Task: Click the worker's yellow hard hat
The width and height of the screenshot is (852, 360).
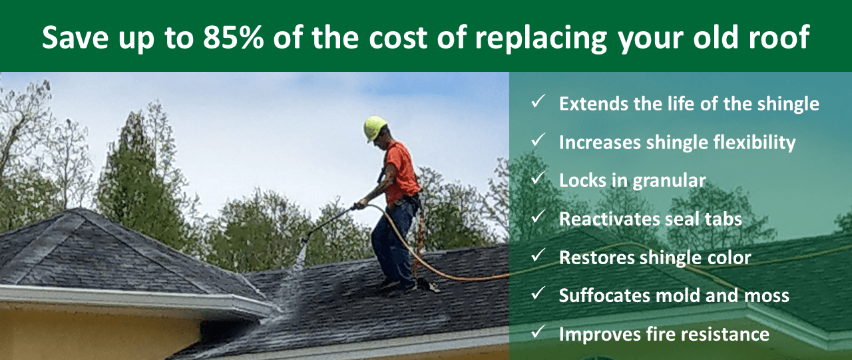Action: tap(375, 127)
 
